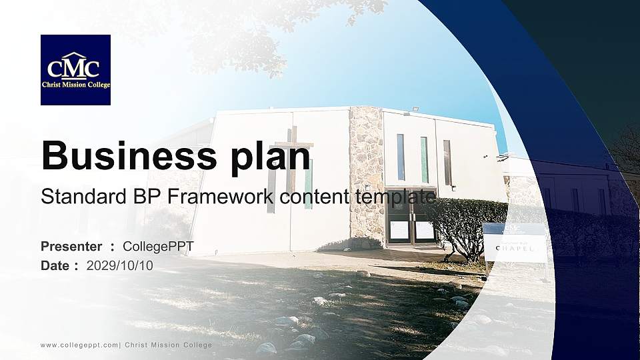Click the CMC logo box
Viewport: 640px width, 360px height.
click(75, 70)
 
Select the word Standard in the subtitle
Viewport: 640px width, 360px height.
click(75, 197)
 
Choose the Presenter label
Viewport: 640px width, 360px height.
click(71, 247)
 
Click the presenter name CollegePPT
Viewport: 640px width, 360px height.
click(158, 247)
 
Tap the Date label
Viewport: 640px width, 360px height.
click(55, 265)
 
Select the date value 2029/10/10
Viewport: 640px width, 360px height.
click(120, 265)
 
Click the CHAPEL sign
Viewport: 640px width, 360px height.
click(515, 248)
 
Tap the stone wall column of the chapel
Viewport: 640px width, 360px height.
click(366, 173)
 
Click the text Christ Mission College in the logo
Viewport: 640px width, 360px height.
click(75, 85)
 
